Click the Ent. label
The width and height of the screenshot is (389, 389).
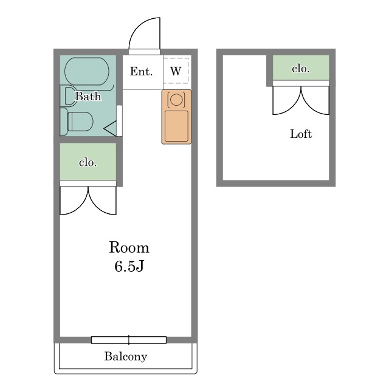point(141,72)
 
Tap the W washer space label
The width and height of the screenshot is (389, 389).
point(176,71)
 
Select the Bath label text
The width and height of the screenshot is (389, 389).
point(88,96)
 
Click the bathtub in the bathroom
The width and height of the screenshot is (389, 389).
point(87,71)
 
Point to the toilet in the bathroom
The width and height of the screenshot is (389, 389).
point(77,122)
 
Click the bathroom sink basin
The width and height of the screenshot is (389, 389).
point(69,96)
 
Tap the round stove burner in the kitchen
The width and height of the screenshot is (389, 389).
point(176,100)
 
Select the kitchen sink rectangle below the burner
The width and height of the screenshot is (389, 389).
point(176,126)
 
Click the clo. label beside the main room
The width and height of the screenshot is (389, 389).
point(88,163)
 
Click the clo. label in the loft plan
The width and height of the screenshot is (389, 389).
point(301,69)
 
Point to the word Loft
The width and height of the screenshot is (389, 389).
point(301,134)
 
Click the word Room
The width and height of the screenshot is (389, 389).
point(129,247)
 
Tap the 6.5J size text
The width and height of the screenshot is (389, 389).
point(129,266)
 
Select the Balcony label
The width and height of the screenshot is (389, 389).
point(126,357)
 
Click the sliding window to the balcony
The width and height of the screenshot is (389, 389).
point(129,340)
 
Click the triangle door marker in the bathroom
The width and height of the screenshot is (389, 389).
point(111,129)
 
